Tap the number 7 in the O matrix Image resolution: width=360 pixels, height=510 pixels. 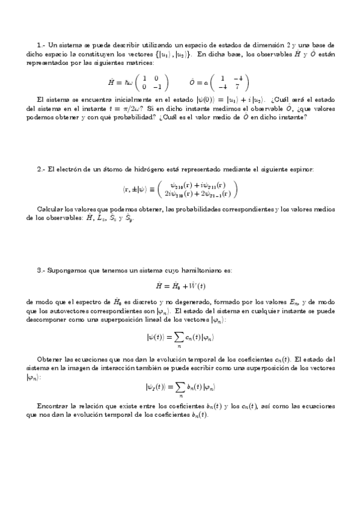(x=238, y=86)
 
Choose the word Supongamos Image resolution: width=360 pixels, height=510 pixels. (x=68, y=271)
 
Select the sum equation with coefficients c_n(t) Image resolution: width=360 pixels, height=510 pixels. (x=180, y=340)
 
